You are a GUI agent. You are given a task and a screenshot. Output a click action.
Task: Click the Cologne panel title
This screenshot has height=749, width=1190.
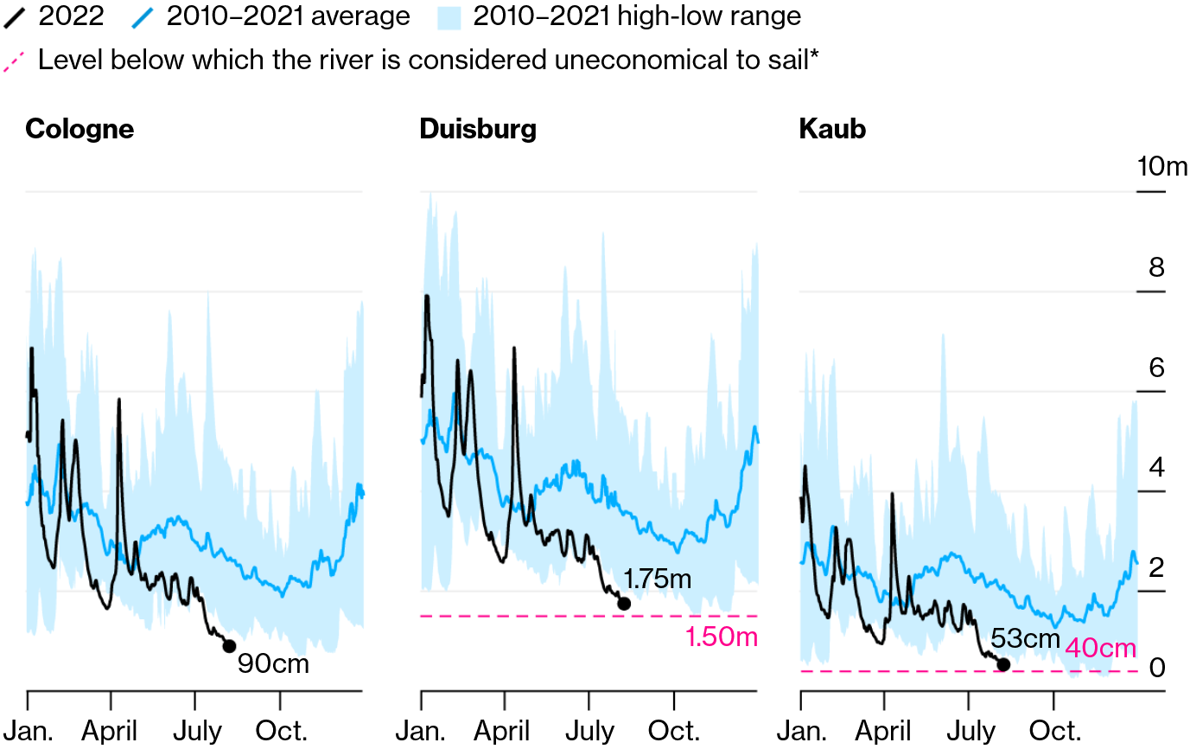click(x=80, y=129)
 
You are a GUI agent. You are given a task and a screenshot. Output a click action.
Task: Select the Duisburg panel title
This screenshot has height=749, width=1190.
click(x=478, y=129)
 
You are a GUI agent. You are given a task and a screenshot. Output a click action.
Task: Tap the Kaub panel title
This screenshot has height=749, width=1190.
click(x=832, y=129)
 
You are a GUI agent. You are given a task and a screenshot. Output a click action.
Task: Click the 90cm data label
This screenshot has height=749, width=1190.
click(x=273, y=664)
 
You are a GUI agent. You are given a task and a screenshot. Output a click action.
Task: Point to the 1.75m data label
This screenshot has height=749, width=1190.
click(x=658, y=579)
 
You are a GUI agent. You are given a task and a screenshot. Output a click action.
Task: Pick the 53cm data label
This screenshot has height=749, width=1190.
click(x=1025, y=638)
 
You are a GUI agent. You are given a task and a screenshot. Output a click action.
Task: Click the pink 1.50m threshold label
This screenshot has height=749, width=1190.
click(x=721, y=638)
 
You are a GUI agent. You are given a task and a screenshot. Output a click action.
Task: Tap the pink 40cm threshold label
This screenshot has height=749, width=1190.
click(x=1100, y=648)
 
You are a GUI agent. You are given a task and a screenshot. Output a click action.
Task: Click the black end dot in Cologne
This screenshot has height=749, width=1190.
click(x=229, y=646)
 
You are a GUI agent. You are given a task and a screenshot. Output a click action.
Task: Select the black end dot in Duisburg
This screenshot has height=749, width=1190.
click(x=624, y=604)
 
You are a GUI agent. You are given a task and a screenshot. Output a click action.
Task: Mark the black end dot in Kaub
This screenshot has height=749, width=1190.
click(x=1003, y=664)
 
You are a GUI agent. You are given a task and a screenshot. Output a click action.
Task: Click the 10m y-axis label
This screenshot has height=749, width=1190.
click(x=1161, y=166)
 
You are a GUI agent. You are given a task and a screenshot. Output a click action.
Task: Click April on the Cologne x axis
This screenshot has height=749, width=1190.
click(x=111, y=731)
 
